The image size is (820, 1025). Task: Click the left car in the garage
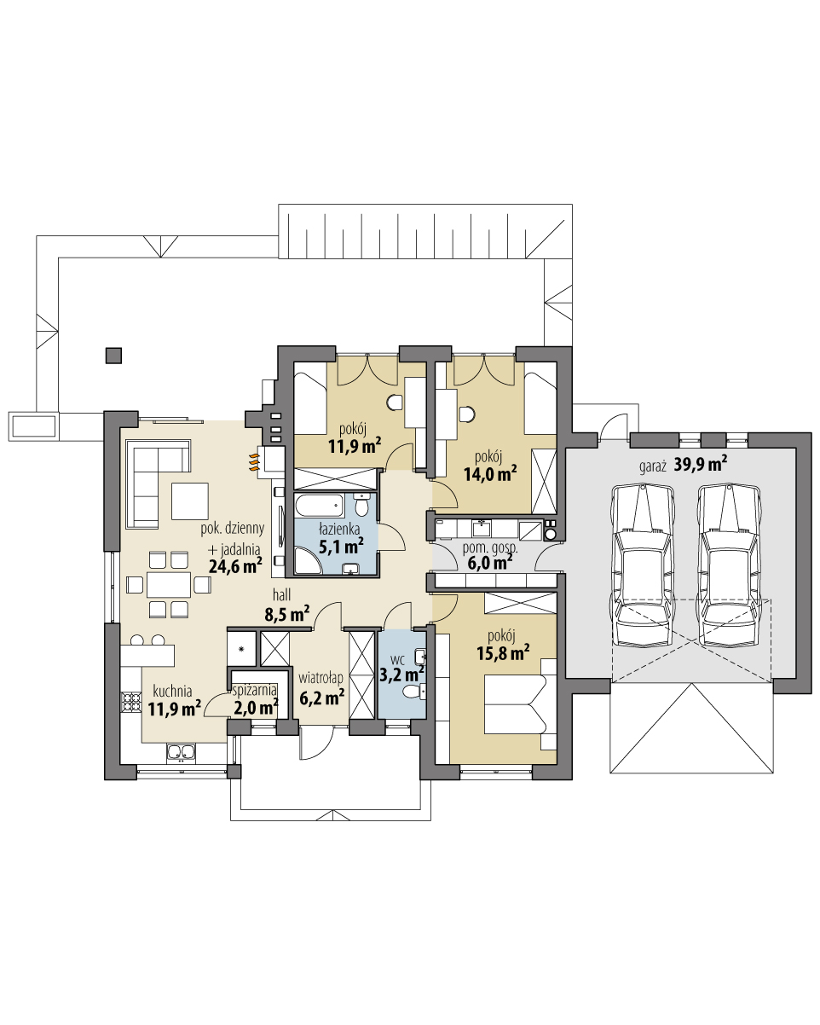tap(641, 566)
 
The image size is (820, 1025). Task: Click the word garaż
tap(654, 466)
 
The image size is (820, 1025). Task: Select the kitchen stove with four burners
tap(132, 702)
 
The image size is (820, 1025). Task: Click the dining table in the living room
tap(168, 585)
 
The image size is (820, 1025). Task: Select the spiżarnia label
tap(255, 690)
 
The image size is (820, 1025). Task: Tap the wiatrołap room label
tap(321, 677)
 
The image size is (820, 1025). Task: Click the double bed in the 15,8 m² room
tap(512, 704)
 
